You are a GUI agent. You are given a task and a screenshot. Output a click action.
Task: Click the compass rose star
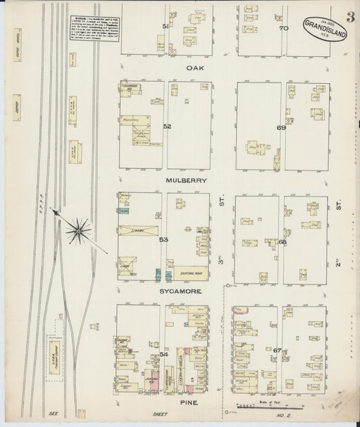[79, 232]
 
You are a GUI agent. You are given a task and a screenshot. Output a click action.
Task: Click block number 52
[167, 126]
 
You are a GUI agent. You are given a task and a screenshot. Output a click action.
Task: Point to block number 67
[278, 350]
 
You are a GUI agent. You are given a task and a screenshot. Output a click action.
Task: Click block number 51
[165, 26]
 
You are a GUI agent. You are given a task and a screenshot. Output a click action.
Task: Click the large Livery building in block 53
[139, 230]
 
